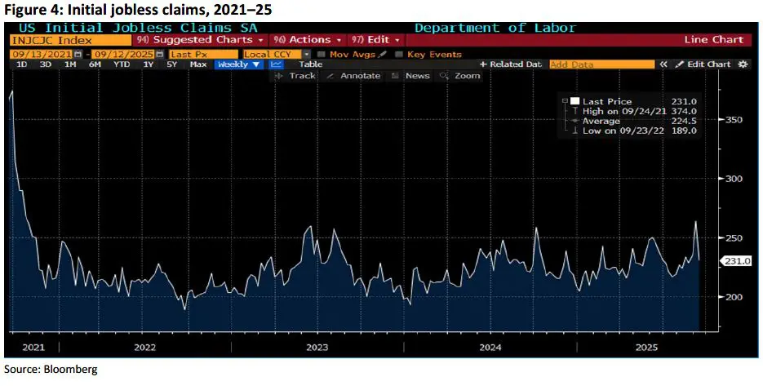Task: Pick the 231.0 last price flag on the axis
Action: coord(737,260)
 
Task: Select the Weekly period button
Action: coord(237,64)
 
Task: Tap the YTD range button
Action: coord(121,64)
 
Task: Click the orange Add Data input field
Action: coord(601,64)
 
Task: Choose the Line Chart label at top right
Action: coord(714,39)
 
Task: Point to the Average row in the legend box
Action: coord(601,121)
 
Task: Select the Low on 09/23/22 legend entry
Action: coord(615,131)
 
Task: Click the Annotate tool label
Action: coord(360,76)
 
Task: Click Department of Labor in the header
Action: coord(495,28)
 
